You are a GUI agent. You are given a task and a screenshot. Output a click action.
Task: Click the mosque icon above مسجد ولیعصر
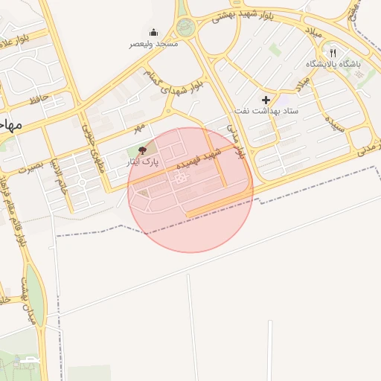pos(153,32)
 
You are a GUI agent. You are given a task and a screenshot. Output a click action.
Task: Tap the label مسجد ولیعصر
pos(154,44)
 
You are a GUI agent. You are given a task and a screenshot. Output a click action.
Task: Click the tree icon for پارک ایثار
pos(143,150)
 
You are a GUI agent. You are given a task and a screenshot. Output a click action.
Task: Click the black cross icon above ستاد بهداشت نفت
pos(266,100)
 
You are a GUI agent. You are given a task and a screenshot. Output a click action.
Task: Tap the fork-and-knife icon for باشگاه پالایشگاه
pos(333,54)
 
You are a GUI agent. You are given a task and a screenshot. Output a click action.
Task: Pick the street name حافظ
pos(39,97)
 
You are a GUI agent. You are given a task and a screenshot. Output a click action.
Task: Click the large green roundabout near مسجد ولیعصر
pos(185,28)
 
